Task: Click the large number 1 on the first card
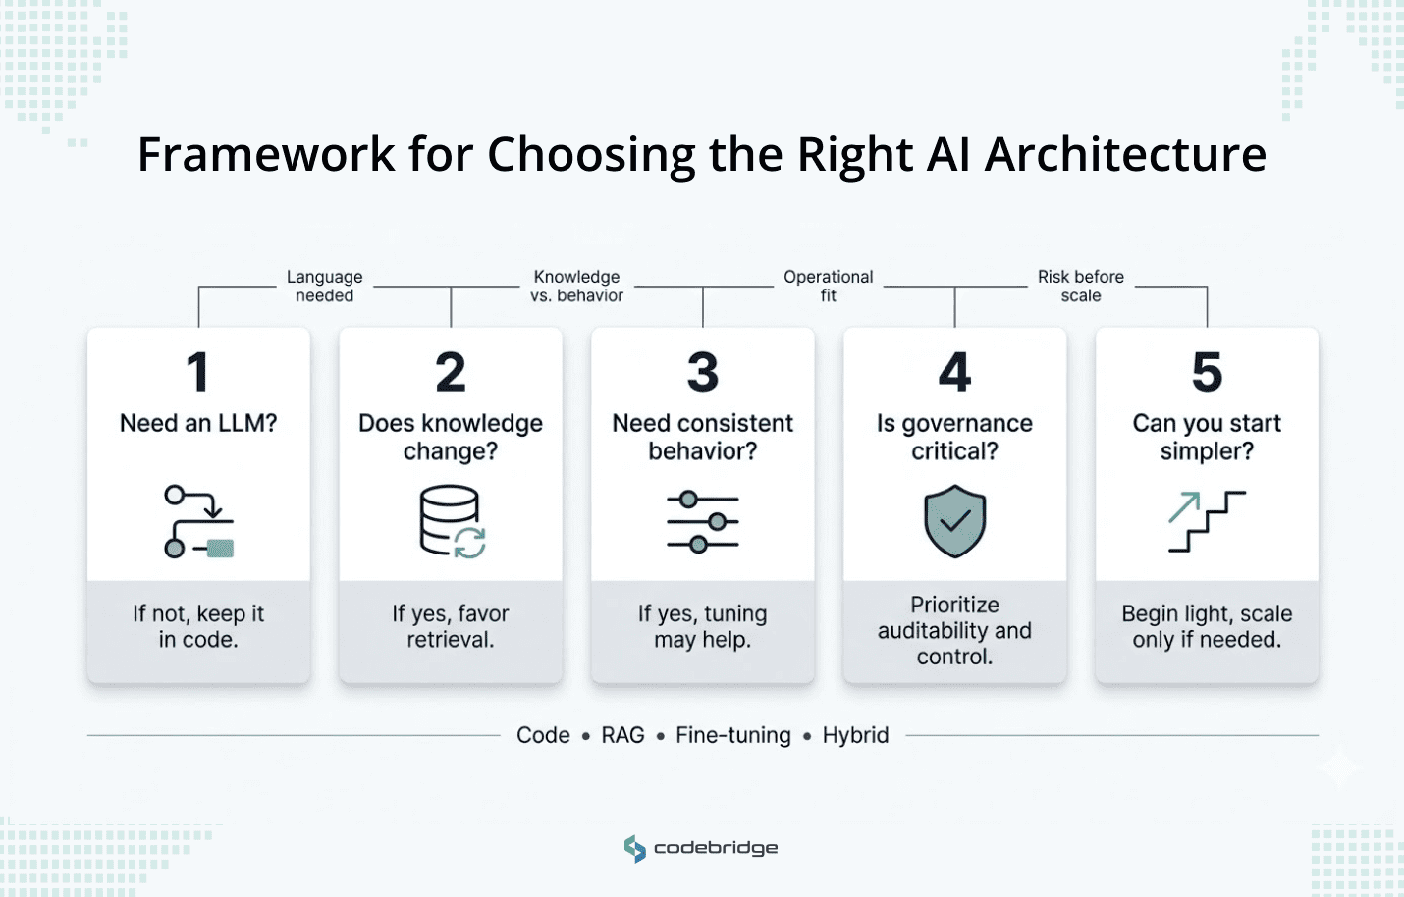click(198, 373)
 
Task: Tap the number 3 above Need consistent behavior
click(703, 373)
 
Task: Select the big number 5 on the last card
click(1207, 373)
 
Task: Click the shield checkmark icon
click(954, 521)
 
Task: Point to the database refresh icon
click(453, 522)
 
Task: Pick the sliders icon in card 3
click(703, 522)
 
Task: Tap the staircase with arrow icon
click(1207, 521)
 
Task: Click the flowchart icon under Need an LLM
click(199, 522)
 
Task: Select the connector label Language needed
click(325, 287)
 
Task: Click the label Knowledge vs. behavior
click(577, 287)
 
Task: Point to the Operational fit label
click(829, 287)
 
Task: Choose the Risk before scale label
click(1081, 287)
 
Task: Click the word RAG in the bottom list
click(623, 735)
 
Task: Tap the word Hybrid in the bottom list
click(855, 735)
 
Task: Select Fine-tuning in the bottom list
click(733, 735)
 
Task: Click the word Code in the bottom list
click(543, 735)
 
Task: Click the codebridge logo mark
click(635, 848)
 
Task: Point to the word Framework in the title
click(266, 155)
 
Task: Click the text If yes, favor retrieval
click(451, 626)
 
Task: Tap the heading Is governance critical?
click(954, 437)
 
